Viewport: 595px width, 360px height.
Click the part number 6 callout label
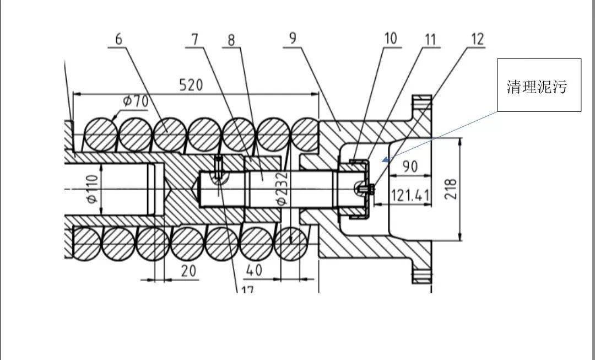pyautogui.click(x=119, y=40)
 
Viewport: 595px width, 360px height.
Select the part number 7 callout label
pyautogui.click(x=195, y=40)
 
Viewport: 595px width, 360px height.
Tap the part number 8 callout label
pyautogui.click(x=231, y=40)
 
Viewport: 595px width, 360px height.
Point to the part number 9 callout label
pyautogui.click(x=293, y=39)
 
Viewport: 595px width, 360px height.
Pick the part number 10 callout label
pyautogui.click(x=391, y=39)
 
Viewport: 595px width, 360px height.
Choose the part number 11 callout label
pyautogui.click(x=430, y=40)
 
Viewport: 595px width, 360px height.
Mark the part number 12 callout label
pyautogui.click(x=478, y=39)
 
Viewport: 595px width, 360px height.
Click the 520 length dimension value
pyautogui.click(x=191, y=85)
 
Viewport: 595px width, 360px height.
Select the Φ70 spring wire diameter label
pyautogui.click(x=136, y=102)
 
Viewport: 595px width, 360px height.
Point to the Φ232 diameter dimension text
pyautogui.click(x=282, y=188)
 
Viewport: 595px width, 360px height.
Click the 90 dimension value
pyautogui.click(x=409, y=166)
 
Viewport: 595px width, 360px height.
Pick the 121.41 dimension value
pyautogui.click(x=410, y=196)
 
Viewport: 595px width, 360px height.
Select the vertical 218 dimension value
pyautogui.click(x=452, y=189)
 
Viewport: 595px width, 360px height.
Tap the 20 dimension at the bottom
pyautogui.click(x=188, y=271)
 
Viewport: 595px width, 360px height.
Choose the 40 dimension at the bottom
pyautogui.click(x=254, y=270)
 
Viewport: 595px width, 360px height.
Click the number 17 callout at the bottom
pyautogui.click(x=247, y=291)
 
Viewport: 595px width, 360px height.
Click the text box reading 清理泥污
pyautogui.click(x=539, y=85)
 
